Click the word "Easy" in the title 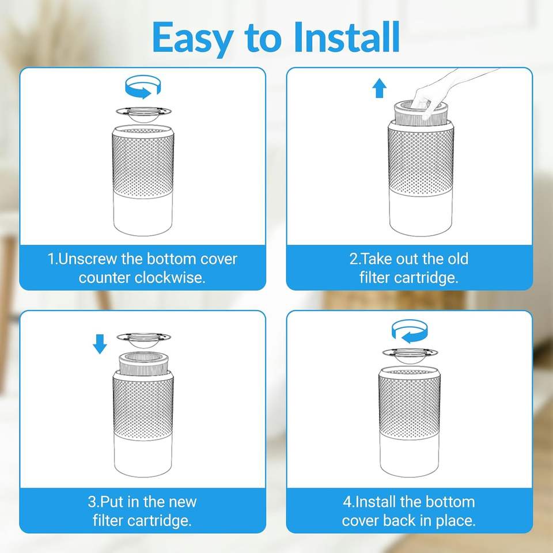pyautogui.click(x=192, y=38)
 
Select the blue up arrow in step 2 pyautogui.click(x=380, y=88)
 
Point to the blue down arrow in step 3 pyautogui.click(x=100, y=344)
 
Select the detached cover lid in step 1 pyautogui.click(x=143, y=115)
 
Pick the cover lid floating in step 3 pyautogui.click(x=143, y=340)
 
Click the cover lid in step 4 pyautogui.click(x=410, y=355)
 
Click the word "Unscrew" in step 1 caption pyautogui.click(x=87, y=259)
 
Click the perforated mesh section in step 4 pyautogui.click(x=410, y=404)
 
